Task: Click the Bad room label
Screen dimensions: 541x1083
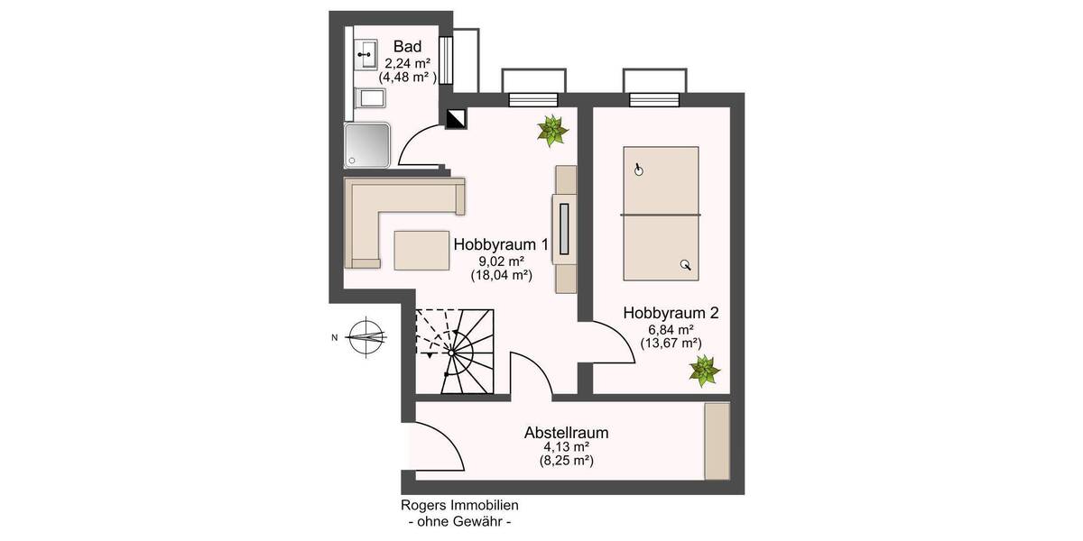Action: tap(405, 46)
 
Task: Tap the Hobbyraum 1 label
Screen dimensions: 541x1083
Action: tap(501, 244)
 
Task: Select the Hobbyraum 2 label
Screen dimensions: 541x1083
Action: tap(671, 313)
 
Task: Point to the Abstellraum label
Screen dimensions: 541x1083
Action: tap(566, 433)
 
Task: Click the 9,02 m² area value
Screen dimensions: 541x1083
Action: tap(502, 261)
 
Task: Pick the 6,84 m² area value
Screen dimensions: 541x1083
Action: tap(671, 329)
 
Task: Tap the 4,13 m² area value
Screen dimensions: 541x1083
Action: tap(566, 447)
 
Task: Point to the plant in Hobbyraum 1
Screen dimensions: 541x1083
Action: tap(551, 131)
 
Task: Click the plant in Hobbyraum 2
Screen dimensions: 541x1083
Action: tap(703, 370)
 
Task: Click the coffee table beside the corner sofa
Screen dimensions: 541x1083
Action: tap(422, 250)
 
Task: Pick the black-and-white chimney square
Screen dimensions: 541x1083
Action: tap(456, 118)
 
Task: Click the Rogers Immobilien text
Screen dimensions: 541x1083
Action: tap(459, 507)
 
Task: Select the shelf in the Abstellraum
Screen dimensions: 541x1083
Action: tap(717, 441)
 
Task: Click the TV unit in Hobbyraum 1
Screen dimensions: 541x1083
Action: tap(565, 229)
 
